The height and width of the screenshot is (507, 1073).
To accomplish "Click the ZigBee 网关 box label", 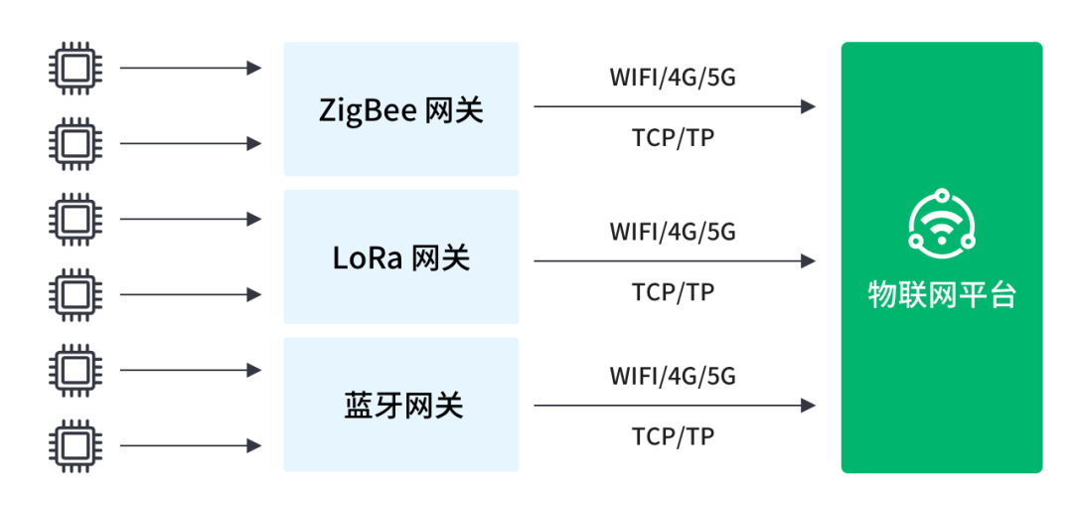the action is pos(401,110).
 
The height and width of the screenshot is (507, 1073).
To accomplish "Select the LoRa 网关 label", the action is pos(401,258).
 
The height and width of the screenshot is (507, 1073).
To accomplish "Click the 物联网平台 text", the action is pos(942,295).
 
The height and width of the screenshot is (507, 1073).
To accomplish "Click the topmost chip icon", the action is pos(76,68).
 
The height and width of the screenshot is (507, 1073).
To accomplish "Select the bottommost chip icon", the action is pos(76,446).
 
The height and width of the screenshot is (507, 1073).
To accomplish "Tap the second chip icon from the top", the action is pos(76,143).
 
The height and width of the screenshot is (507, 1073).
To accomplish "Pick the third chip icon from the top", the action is pos(76,220).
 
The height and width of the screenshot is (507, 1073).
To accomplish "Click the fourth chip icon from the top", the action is pos(76,294).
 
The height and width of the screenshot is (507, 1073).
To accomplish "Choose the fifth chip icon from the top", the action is pos(76,371).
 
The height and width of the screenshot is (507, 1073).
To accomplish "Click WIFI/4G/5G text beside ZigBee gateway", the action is pos(673,78).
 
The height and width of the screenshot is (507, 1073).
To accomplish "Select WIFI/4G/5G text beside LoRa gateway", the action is pos(673,232).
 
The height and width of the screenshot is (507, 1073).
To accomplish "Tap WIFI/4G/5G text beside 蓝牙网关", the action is pos(673,376).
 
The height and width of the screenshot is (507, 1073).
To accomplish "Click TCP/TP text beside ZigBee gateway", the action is pos(673,138).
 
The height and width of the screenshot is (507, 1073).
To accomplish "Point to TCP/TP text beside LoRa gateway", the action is pos(673,292).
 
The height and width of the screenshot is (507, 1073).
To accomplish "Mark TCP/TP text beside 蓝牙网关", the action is pos(673,436).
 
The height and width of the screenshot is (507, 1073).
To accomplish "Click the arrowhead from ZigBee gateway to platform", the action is pos(808,106).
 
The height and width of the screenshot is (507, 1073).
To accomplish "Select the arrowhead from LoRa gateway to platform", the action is pos(808,261).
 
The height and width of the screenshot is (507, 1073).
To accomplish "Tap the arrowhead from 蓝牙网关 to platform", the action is pos(808,406).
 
